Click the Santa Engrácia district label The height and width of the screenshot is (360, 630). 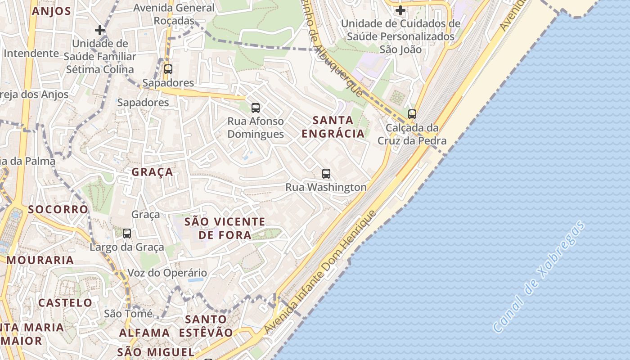(333, 127)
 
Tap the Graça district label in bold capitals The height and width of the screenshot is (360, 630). (153, 172)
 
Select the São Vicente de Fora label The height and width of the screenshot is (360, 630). (225, 228)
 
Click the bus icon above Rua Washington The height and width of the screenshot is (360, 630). (326, 173)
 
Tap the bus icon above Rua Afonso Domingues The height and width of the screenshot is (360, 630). (256, 108)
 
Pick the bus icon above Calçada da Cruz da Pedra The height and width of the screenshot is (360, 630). (412, 114)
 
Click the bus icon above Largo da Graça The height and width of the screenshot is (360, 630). (127, 233)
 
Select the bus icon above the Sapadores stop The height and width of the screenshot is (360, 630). (168, 69)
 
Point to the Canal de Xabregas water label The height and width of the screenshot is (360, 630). (540, 276)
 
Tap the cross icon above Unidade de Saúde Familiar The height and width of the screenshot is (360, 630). (100, 30)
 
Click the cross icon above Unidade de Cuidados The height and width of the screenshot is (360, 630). (400, 10)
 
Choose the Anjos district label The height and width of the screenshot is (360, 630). (52, 11)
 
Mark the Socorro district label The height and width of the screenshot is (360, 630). (58, 209)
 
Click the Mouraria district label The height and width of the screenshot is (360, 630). (40, 260)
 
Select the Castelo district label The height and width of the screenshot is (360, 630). (65, 302)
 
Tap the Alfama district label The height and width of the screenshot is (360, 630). (144, 333)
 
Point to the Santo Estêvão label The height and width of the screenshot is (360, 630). (206, 326)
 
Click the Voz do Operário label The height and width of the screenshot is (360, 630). (167, 273)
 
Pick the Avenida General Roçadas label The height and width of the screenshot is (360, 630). (174, 14)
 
